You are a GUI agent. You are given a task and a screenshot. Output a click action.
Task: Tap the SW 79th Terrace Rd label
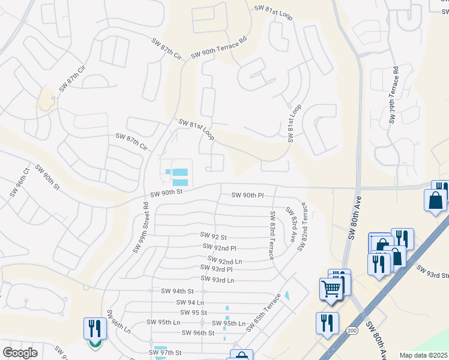[394, 95]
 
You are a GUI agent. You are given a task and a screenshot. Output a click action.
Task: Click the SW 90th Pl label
[248, 196]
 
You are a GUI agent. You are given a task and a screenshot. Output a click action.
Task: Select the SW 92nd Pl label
[220, 247]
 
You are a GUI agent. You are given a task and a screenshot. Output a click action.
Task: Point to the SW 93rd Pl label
[217, 269]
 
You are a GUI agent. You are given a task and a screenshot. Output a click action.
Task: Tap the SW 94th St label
[178, 291]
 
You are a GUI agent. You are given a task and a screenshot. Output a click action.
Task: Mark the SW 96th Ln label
[118, 322]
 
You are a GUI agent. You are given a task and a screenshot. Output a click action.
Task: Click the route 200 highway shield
[350, 331]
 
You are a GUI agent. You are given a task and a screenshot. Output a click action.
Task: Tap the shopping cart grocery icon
[332, 289]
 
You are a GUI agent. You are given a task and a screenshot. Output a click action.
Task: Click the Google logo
[20, 353]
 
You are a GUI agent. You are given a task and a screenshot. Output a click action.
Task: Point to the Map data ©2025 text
[423, 355]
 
